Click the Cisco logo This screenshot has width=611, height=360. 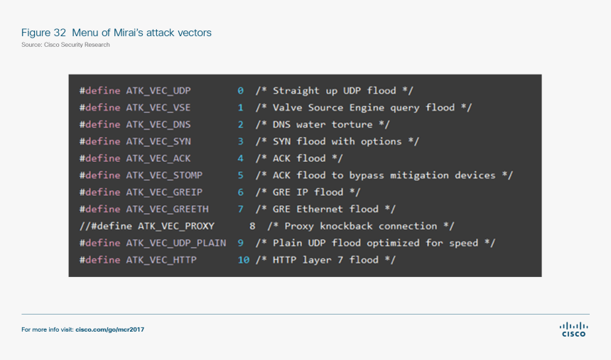pyautogui.click(x=573, y=329)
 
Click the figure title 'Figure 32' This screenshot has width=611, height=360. pyautogui.click(x=44, y=33)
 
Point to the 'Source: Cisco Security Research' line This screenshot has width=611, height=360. pyautogui.click(x=65, y=45)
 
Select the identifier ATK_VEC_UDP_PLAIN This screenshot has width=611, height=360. pyautogui.click(x=176, y=243)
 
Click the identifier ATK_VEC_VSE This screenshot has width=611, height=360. pyautogui.click(x=158, y=107)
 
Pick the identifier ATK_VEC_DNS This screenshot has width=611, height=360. pyautogui.click(x=158, y=124)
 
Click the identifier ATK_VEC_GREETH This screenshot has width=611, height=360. pyautogui.click(x=168, y=209)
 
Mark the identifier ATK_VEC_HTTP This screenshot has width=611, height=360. pyautogui.click(x=161, y=260)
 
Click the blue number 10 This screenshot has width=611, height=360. pyautogui.click(x=244, y=260)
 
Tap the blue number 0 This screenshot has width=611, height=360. pyautogui.click(x=241, y=91)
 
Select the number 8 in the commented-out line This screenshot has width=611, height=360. pyautogui.click(x=252, y=226)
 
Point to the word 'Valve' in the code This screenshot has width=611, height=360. pyautogui.click(x=288, y=107)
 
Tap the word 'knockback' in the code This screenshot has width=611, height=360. pyautogui.click(x=346, y=226)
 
